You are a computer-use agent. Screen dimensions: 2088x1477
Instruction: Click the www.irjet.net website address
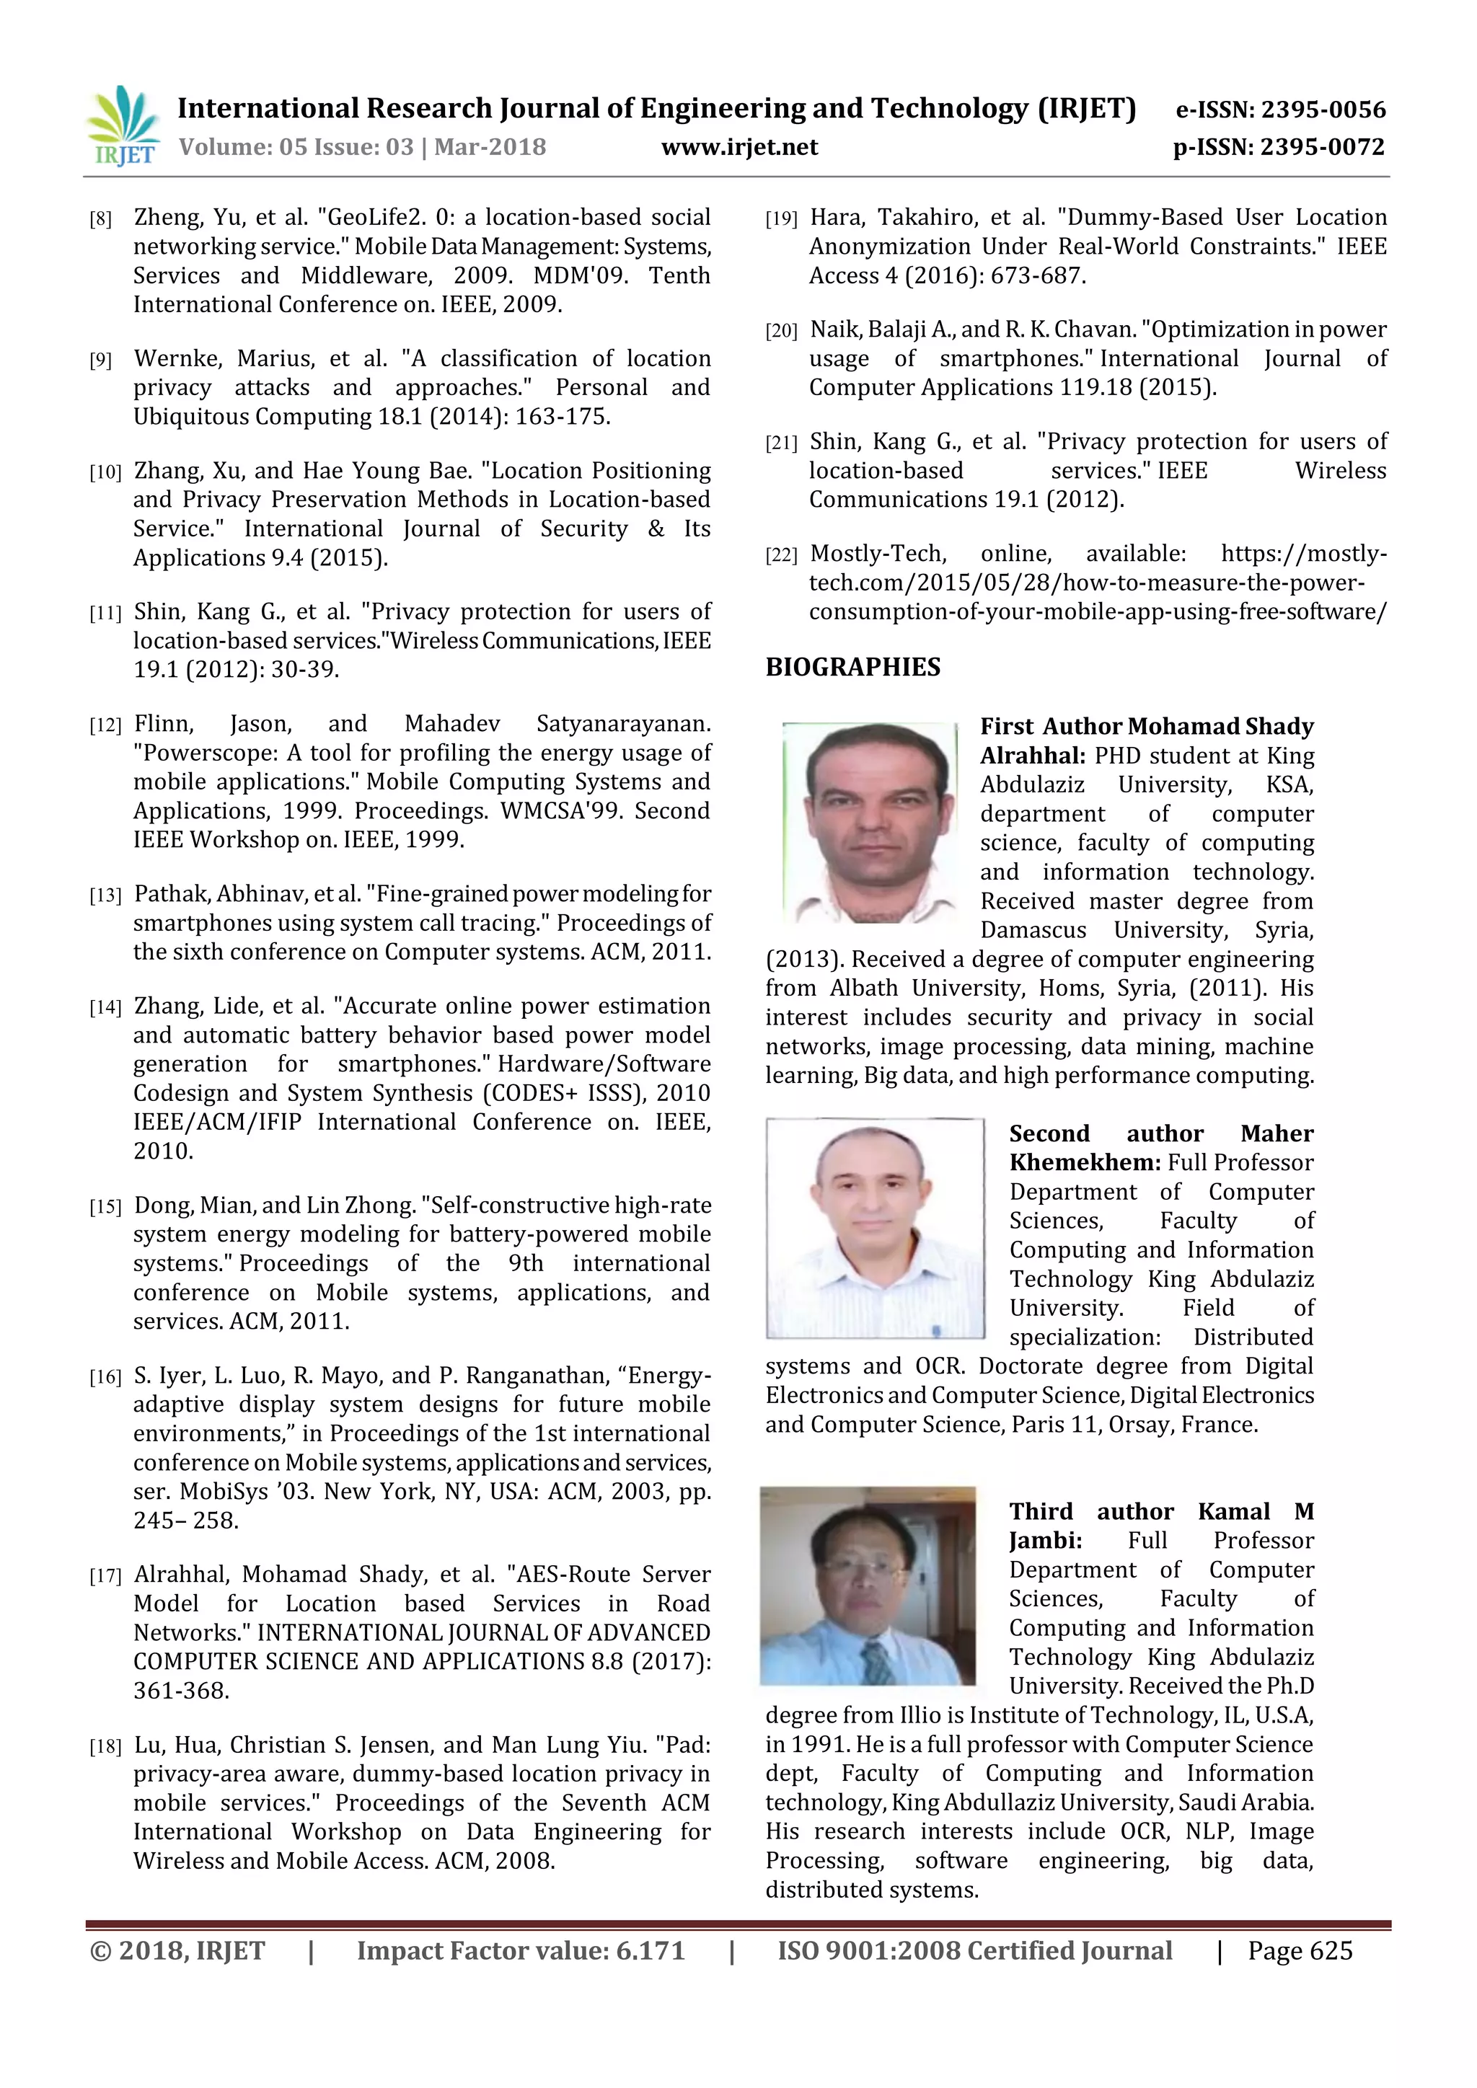click(738, 147)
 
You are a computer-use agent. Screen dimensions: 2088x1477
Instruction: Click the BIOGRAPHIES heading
click(852, 668)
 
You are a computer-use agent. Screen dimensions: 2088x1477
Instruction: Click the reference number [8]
click(100, 219)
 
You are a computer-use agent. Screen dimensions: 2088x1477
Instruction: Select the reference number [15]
click(105, 1208)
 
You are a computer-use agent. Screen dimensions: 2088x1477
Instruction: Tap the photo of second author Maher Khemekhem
click(874, 1228)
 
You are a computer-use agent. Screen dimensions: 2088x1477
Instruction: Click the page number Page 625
click(1300, 1951)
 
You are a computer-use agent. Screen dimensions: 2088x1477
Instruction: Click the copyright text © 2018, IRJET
click(177, 1951)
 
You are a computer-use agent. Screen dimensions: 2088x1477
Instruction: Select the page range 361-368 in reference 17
click(181, 1691)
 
